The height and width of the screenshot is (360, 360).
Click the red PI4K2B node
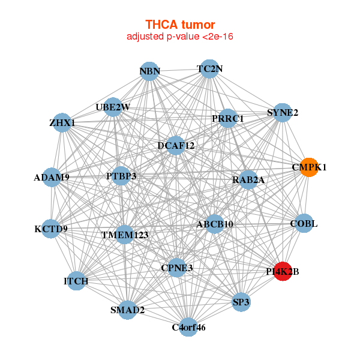click(283, 272)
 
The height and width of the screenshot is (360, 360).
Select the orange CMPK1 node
click(309, 167)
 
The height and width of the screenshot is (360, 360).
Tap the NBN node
click(150, 72)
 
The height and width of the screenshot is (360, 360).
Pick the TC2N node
click(209, 69)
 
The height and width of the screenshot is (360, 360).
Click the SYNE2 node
click(283, 112)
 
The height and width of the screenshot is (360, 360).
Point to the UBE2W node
click(113, 107)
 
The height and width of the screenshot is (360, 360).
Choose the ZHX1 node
click(62, 123)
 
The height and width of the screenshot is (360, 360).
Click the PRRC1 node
click(228, 119)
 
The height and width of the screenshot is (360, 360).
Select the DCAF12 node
click(175, 145)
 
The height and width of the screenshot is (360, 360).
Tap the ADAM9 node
click(52, 178)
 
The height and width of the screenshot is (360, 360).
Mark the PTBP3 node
click(122, 176)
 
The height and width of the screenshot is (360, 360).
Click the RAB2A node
click(248, 179)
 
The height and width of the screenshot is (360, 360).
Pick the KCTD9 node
click(51, 229)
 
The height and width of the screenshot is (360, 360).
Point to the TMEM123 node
click(124, 235)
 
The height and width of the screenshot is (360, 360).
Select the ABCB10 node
click(215, 224)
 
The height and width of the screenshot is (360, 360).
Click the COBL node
click(304, 224)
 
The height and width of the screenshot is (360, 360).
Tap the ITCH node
click(76, 281)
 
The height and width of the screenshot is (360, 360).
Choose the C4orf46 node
click(188, 327)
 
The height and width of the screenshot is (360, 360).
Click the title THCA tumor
click(180, 25)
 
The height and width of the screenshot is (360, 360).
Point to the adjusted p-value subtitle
click(180, 37)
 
